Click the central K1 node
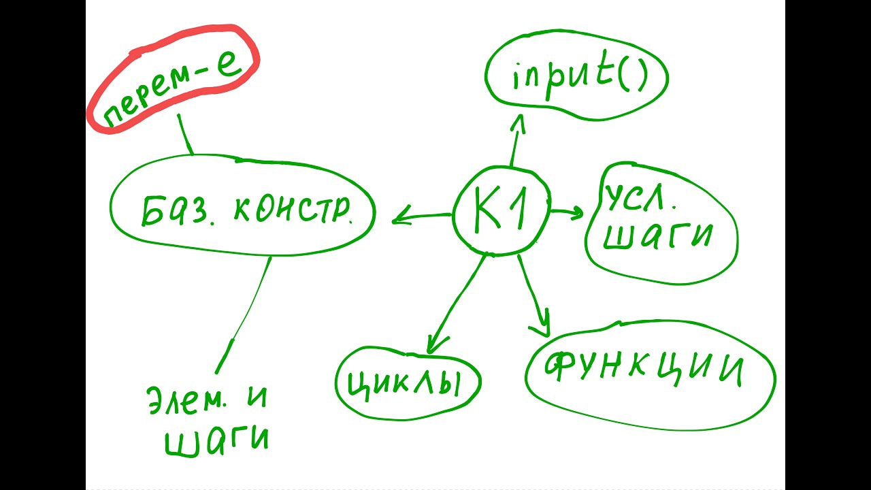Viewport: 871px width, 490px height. coord(501,212)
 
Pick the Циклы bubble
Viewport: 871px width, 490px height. coord(408,384)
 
